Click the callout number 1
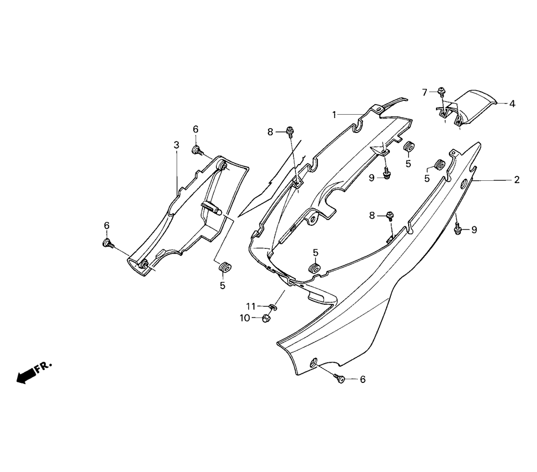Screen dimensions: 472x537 tap(334, 114)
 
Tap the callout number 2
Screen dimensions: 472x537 tap(517, 180)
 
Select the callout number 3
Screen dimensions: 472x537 tap(176, 145)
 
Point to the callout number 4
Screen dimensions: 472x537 tap(512, 104)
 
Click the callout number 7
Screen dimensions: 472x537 tap(425, 92)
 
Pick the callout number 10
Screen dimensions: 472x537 tap(244, 318)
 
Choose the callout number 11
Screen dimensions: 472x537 tap(251, 306)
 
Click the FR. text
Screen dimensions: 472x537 tap(43, 367)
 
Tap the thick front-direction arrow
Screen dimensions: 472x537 tap(24, 377)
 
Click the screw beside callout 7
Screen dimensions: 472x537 tap(440, 90)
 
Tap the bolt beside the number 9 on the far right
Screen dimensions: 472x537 tap(458, 230)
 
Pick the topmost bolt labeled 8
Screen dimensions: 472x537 tap(290, 130)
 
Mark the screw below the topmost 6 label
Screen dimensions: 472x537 tap(197, 150)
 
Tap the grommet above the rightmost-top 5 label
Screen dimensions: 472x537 tap(409, 146)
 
